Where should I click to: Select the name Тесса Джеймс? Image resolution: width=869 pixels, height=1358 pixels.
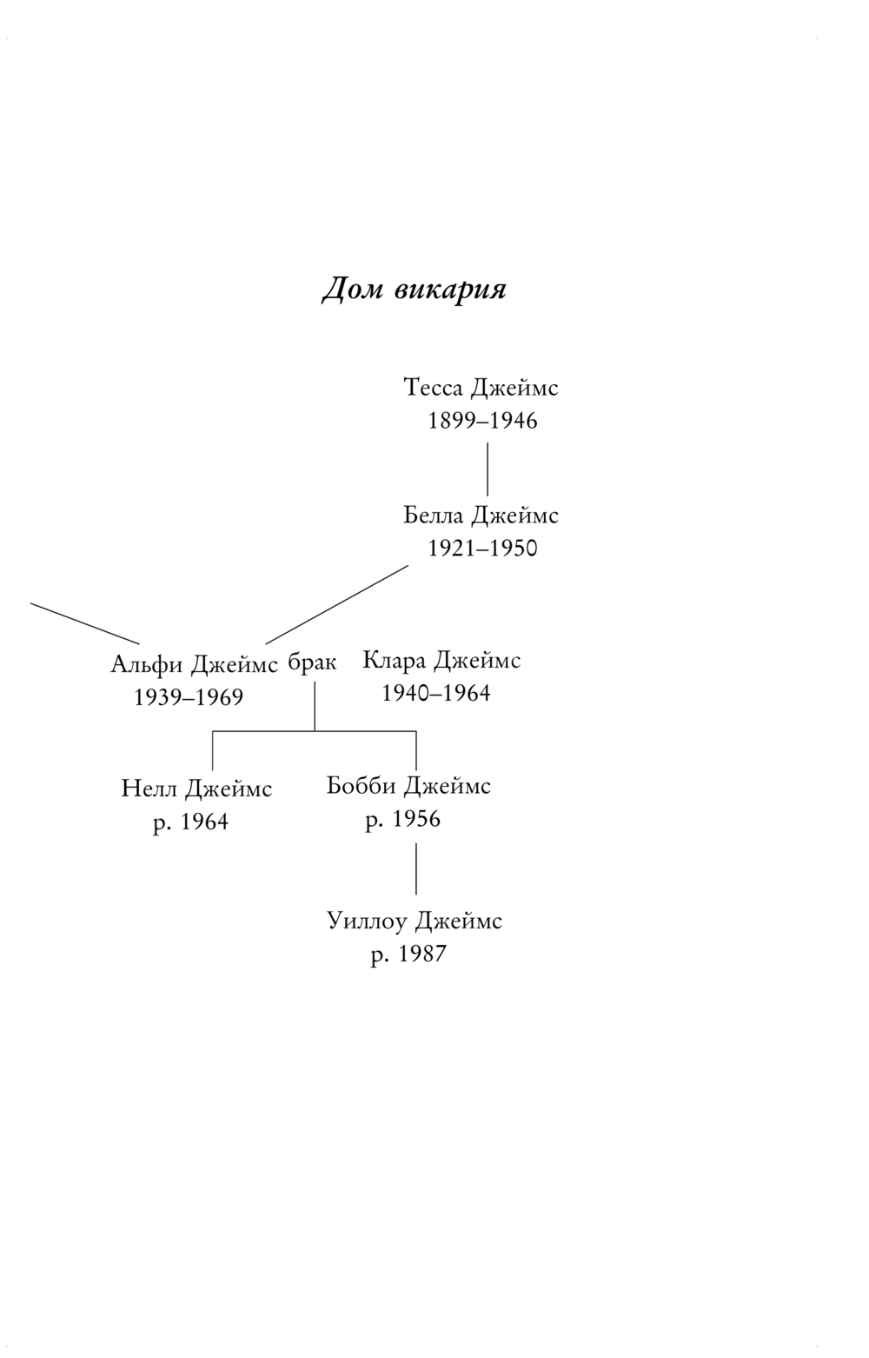point(481,388)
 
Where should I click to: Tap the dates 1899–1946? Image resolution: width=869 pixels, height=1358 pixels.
point(482,421)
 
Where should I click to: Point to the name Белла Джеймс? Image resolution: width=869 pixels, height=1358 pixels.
point(481,516)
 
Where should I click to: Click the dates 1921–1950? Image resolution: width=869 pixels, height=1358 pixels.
point(482,549)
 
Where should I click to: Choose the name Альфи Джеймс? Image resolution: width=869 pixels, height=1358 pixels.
point(195,665)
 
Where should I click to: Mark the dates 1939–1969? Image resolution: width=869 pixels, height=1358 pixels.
point(189,697)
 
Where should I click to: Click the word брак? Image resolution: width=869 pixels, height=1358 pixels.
point(312,662)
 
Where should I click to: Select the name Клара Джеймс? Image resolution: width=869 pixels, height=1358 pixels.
point(441,661)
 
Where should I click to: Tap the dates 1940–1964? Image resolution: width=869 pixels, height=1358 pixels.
point(436,693)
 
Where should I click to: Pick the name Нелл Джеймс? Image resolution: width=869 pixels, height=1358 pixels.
point(196,789)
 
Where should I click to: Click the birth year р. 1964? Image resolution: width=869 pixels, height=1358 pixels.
point(190,822)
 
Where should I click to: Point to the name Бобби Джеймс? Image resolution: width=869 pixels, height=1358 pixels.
point(408,786)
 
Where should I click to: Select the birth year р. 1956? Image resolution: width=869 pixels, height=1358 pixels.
point(402,819)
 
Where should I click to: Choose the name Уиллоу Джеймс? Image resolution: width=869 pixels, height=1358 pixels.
point(415,921)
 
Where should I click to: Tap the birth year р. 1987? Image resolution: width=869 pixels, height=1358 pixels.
point(408,954)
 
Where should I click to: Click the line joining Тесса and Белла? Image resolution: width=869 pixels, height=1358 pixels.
point(487,469)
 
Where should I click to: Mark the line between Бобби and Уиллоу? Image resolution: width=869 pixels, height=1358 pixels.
point(415,869)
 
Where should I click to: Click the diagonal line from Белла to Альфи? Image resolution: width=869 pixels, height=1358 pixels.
point(337,604)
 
